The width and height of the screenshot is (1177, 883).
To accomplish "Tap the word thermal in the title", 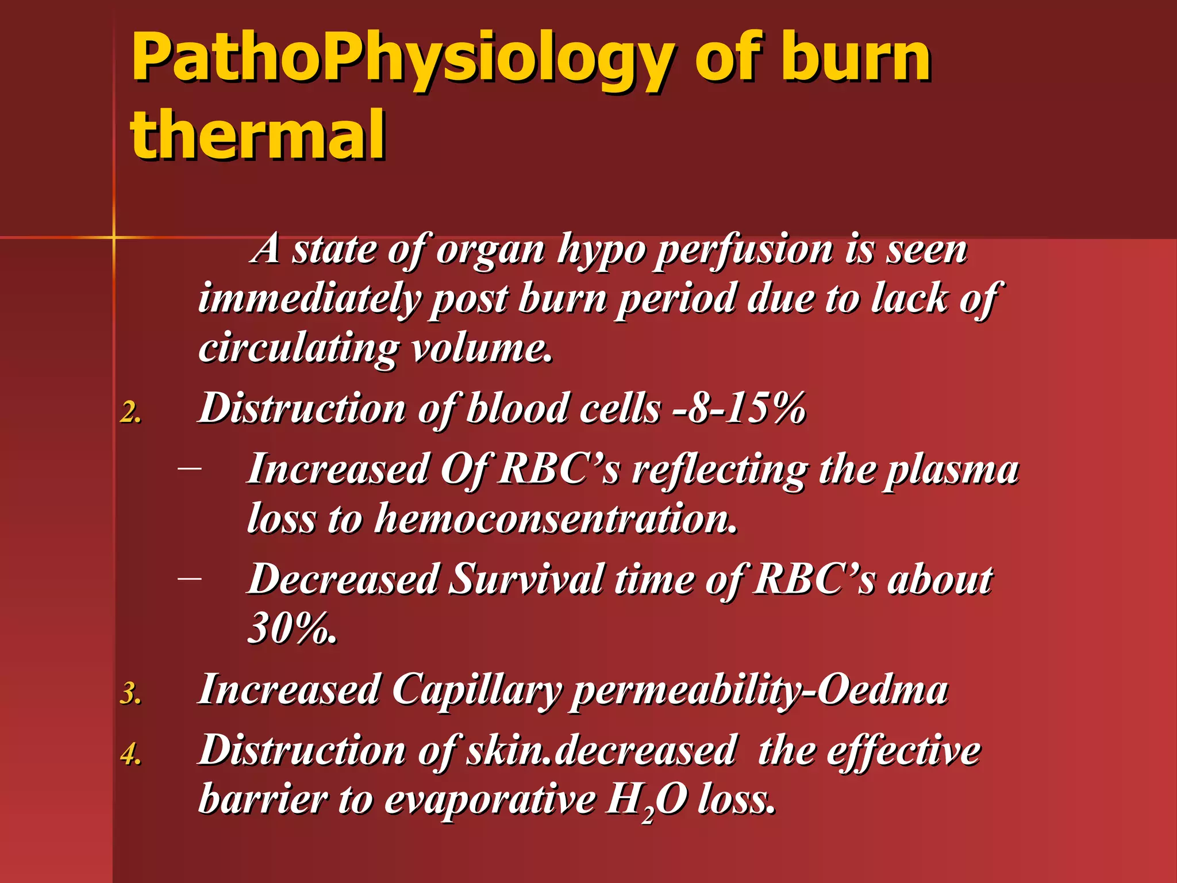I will click(x=258, y=135).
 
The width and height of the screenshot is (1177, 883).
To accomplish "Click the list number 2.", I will click(x=131, y=412).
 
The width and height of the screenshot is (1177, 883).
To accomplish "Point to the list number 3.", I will click(x=131, y=693).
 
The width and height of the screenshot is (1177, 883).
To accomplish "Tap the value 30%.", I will click(x=292, y=628).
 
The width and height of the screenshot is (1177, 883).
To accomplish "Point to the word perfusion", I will click(x=744, y=251).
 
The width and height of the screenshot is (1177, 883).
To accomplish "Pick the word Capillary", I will click(x=477, y=690).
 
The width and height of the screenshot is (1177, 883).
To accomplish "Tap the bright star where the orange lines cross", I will click(x=114, y=236).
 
